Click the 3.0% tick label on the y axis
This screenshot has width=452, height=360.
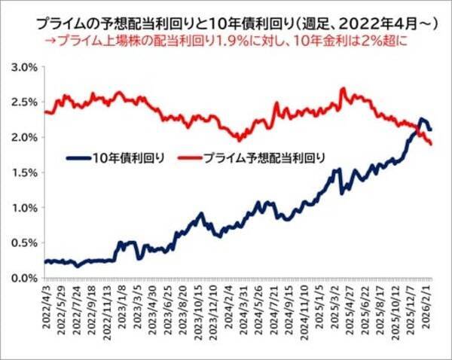[24, 67]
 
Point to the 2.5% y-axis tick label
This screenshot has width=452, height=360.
[24, 102]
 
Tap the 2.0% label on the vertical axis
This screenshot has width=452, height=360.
[24, 137]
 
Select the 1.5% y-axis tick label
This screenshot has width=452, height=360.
[24, 172]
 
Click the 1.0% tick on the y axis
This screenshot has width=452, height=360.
[24, 208]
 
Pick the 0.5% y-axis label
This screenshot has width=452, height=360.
[24, 243]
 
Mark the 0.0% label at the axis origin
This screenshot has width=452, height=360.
[24, 278]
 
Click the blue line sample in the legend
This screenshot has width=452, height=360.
[76, 158]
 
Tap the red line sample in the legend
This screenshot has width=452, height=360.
[193, 158]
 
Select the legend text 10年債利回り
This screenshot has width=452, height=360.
[126, 158]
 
